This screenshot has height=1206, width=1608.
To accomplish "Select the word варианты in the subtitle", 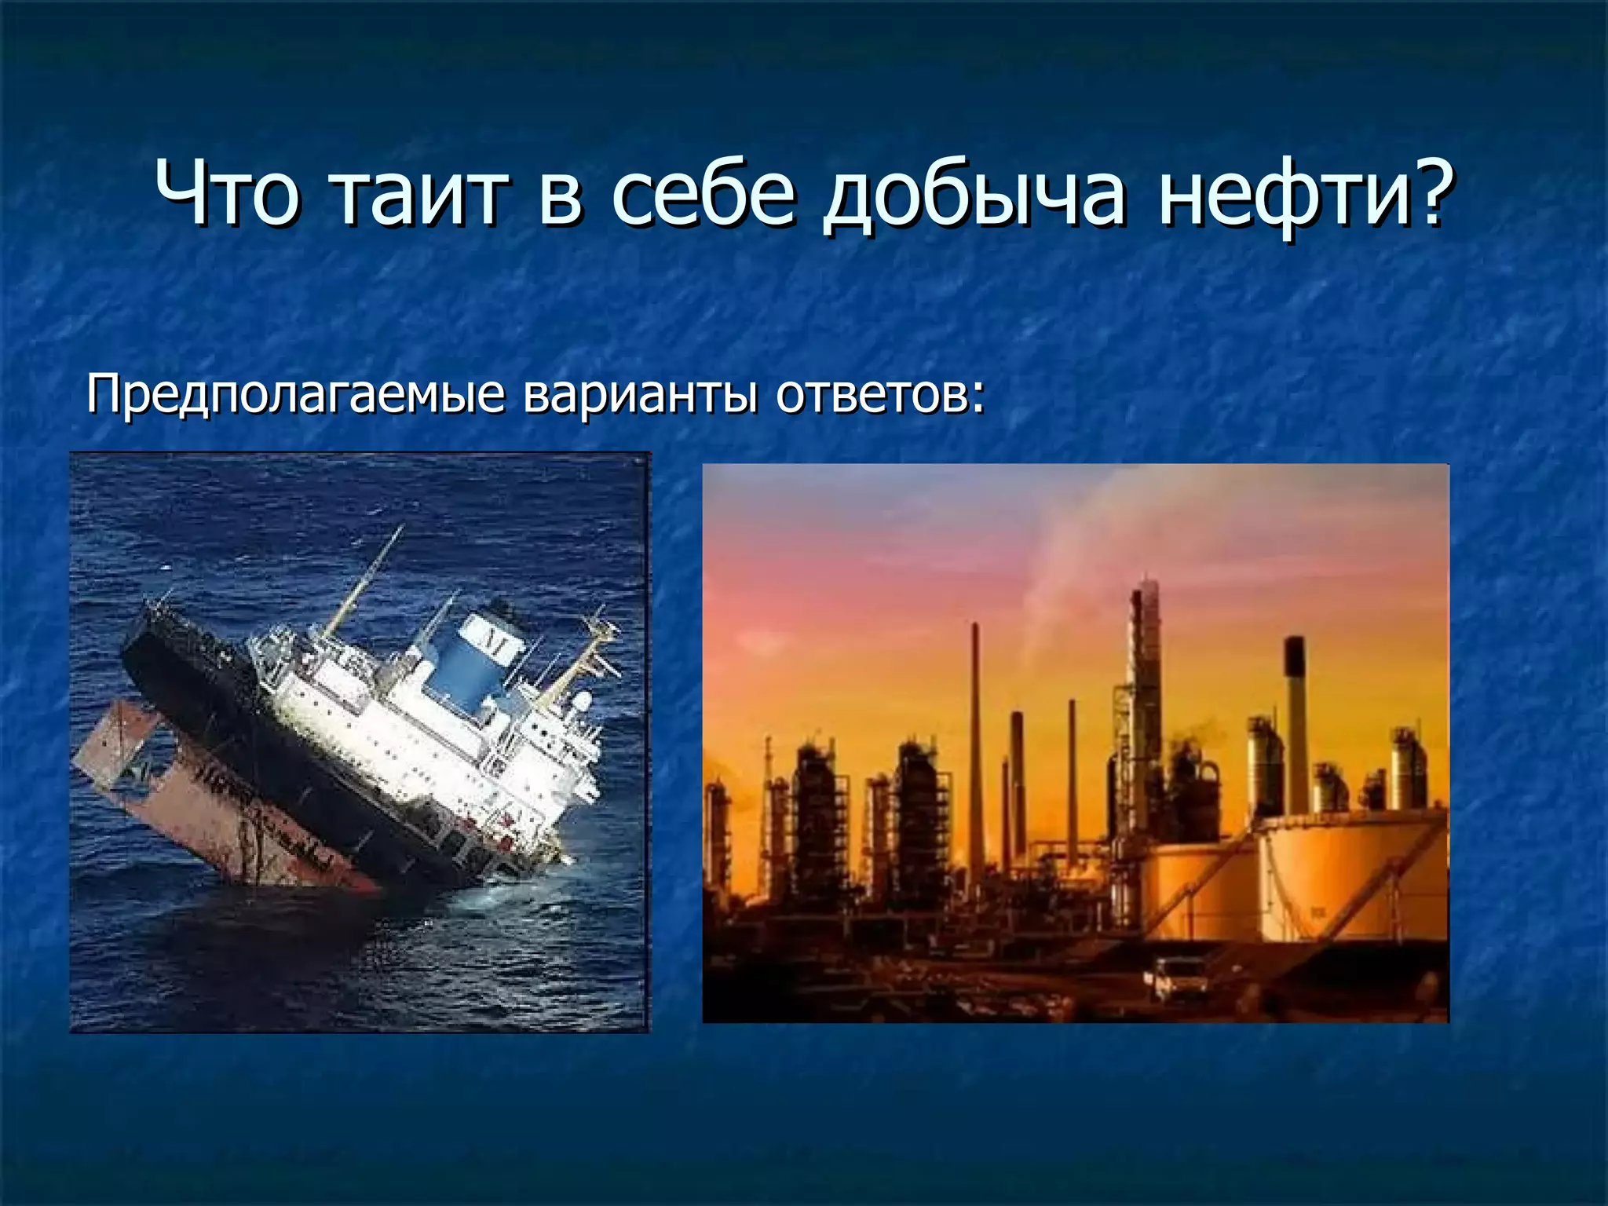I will click(x=640, y=394).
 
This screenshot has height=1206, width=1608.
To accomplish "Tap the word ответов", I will click(x=872, y=394).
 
